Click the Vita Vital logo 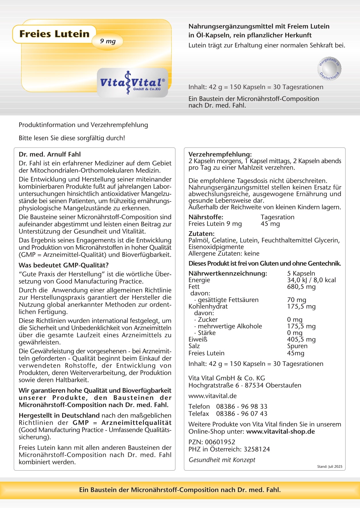(133, 83)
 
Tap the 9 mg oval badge (108, 41)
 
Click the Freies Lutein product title (54, 34)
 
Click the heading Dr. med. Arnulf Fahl (50, 154)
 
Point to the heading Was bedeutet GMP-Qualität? (64, 265)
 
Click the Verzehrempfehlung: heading (220, 154)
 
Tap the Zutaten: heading (202, 234)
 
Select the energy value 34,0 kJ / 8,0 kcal (311, 280)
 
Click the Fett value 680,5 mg (301, 287)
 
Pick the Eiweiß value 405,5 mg (301, 339)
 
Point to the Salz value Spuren (297, 346)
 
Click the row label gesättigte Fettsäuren (228, 300)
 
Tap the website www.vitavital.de (212, 396)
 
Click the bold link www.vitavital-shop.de (280, 431)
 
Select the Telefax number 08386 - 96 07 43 (242, 414)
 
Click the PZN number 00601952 (220, 442)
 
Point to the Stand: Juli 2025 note (330, 467)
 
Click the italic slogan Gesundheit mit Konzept (222, 460)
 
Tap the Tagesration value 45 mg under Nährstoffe (270, 224)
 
